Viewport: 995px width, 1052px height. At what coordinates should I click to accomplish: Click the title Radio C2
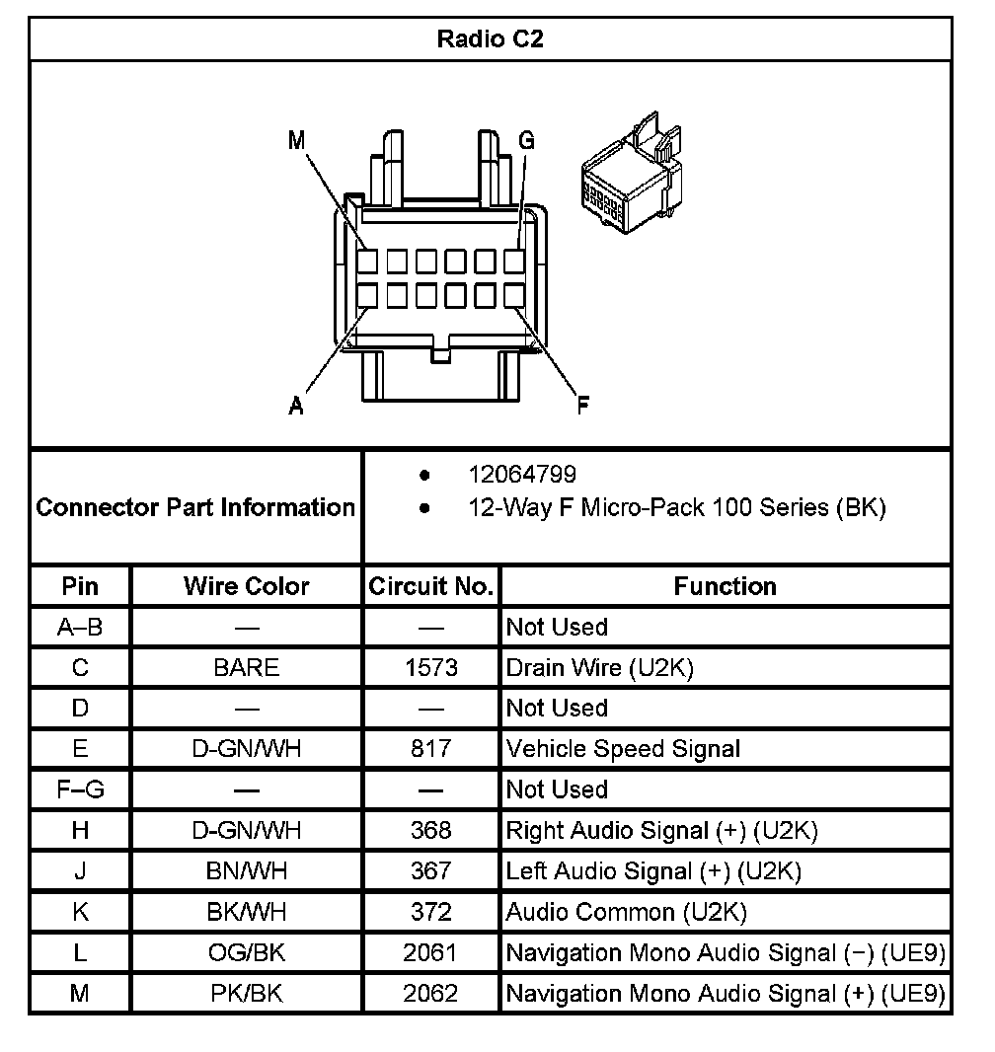point(490,39)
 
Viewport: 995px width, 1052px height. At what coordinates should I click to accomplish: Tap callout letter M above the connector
point(297,141)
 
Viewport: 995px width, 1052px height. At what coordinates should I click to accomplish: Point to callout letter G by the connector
point(526,141)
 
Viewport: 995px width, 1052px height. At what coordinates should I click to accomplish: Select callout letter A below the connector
point(296,406)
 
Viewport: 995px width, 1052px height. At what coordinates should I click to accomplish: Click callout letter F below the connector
point(583,405)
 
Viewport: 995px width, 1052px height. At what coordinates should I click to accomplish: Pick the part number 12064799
point(522,476)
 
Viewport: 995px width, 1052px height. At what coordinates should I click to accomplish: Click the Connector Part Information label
point(195,507)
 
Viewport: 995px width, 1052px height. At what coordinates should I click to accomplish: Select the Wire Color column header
point(246,586)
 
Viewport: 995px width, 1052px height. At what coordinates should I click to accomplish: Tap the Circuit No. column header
point(431,586)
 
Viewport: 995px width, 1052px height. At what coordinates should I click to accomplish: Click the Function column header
point(725,586)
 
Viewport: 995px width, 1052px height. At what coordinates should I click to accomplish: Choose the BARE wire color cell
point(246,668)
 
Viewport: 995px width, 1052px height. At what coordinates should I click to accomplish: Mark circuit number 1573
point(431,668)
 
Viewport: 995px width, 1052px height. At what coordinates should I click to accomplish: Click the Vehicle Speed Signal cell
point(623,749)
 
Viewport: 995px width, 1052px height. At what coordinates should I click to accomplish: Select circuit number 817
point(431,749)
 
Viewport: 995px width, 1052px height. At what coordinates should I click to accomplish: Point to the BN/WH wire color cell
point(246,871)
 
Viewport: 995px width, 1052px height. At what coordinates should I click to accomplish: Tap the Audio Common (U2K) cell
point(626,912)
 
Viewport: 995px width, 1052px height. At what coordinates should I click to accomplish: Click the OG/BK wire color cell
point(246,952)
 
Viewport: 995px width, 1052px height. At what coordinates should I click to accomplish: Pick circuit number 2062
point(431,993)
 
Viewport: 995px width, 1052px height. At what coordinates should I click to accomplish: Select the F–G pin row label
point(80,789)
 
